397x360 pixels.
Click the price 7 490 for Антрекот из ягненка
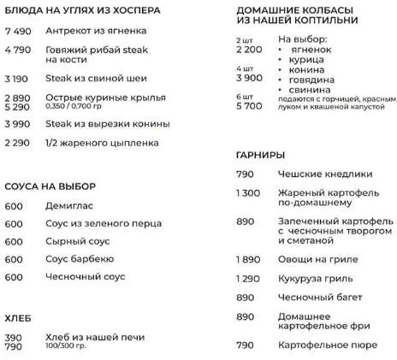click(x=18, y=31)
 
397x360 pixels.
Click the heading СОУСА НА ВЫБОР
click(x=49, y=186)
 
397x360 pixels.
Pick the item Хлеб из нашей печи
click(x=89, y=337)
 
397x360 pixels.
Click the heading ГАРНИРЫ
click(x=259, y=156)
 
